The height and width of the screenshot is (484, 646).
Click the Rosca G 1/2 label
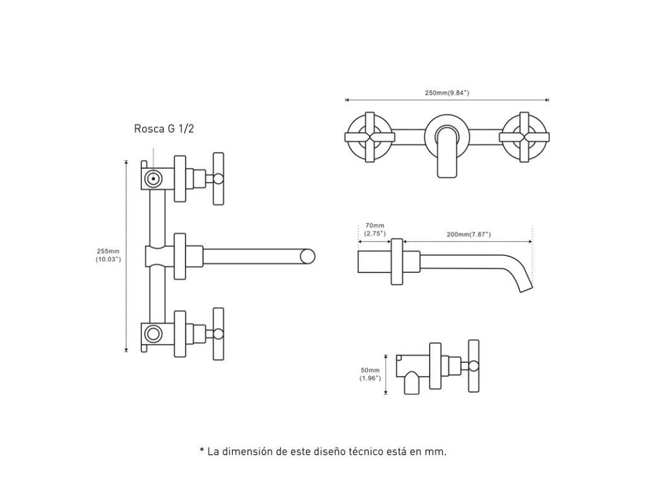point(164,129)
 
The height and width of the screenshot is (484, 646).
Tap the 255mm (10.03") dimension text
point(108,255)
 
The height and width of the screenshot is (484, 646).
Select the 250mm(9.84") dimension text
point(447,93)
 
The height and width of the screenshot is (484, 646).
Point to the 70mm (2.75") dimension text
point(375,229)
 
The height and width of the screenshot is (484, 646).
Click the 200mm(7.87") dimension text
point(469,234)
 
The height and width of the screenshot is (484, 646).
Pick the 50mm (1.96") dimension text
point(370,374)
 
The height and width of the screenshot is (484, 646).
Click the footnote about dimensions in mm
point(323,451)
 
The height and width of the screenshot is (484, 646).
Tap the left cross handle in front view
point(370,137)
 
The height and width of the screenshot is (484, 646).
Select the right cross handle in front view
point(524,137)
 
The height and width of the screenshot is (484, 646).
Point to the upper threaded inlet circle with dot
point(153,179)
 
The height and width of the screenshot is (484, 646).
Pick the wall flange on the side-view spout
point(397,260)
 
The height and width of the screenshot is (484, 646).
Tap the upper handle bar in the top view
point(219,178)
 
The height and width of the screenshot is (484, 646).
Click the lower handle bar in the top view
point(219,333)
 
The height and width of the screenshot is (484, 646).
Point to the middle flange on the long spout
point(180,256)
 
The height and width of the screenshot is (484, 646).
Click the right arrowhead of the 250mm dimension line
point(546,100)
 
